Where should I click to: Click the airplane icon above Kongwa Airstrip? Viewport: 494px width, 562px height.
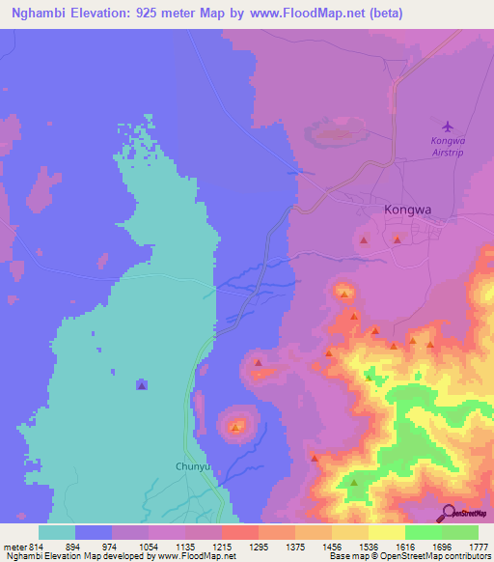pyautogui.click(x=446, y=126)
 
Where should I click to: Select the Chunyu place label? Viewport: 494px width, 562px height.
pyautogui.click(x=193, y=461)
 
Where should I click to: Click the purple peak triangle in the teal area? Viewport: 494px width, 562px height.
pyautogui.click(x=142, y=384)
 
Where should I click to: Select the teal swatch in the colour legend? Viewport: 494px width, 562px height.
pyautogui.click(x=57, y=532)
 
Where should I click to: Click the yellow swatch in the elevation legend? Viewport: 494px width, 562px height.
pyautogui.click(x=387, y=532)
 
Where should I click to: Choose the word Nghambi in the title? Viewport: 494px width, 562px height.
pyautogui.click(x=41, y=13)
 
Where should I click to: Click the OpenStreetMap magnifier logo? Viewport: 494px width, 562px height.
pyautogui.click(x=448, y=514)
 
